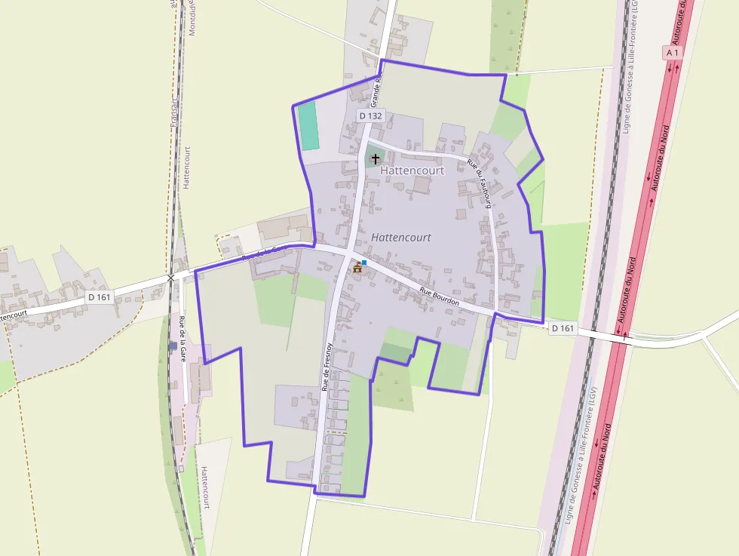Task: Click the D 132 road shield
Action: click(x=371, y=115)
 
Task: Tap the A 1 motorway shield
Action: click(x=673, y=53)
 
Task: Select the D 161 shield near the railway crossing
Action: click(x=100, y=297)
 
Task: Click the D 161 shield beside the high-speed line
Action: click(x=563, y=328)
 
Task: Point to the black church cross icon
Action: click(x=376, y=159)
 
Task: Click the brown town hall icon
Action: click(x=357, y=268)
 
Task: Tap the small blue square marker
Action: click(x=364, y=263)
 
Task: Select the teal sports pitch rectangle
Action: click(x=308, y=126)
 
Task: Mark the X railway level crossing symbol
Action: click(x=170, y=278)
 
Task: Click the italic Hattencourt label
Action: click(x=401, y=238)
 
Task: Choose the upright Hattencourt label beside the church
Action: click(x=412, y=170)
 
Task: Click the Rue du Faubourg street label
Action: click(x=480, y=183)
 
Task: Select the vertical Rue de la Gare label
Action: click(x=182, y=338)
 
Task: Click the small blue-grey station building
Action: click(x=173, y=346)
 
